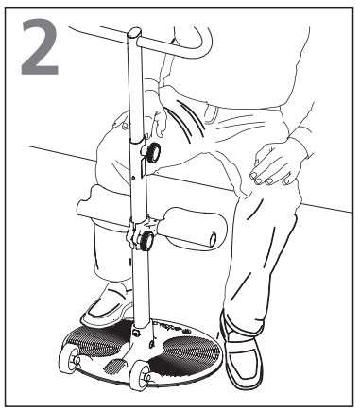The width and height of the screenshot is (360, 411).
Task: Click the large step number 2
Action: (40, 46)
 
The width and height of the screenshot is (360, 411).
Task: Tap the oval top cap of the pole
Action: (135, 33)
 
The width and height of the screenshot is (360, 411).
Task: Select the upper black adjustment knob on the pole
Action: (153, 153)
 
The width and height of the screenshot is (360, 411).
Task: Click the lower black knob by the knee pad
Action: (146, 241)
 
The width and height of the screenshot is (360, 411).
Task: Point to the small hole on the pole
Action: (133, 178)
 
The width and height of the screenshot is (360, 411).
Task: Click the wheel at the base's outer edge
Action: (69, 360)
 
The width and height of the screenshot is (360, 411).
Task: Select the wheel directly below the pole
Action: (140, 377)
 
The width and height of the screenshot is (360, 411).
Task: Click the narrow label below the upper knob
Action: (143, 168)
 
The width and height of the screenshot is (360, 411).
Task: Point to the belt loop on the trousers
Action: (210, 114)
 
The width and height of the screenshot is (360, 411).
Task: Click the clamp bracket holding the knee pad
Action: (136, 231)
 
